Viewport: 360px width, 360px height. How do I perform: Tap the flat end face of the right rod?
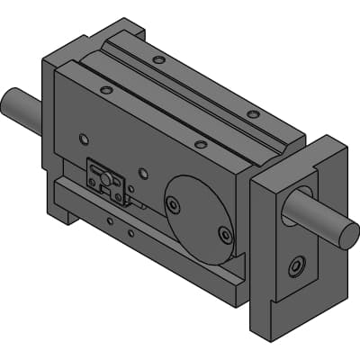tap(348, 237)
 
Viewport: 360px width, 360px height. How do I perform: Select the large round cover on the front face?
tap(199, 217)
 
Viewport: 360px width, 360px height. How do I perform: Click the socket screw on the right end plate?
tap(296, 266)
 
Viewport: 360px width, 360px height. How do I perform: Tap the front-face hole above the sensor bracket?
tap(85, 139)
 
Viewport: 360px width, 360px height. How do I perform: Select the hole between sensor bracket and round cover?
tap(141, 174)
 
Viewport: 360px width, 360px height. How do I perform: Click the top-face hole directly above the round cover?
tap(200, 143)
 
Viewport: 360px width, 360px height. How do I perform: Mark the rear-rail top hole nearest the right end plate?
tap(253, 114)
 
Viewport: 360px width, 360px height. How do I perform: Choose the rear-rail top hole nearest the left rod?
tap(158, 60)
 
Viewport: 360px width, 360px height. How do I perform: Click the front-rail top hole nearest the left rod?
tap(107, 90)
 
